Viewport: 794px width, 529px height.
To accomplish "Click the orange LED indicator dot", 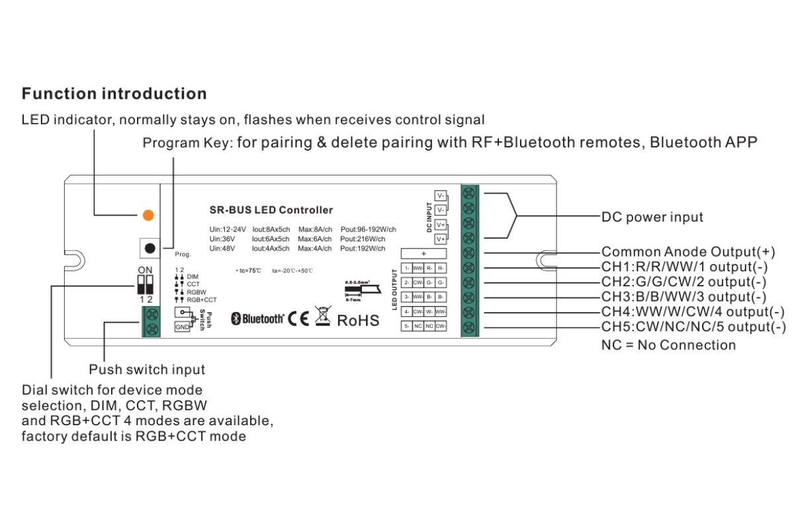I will coord(148,215).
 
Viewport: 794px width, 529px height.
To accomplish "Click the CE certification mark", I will coord(298,319).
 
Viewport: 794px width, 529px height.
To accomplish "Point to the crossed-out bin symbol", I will coord(322,317).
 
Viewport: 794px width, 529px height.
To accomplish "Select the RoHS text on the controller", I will coord(358,321).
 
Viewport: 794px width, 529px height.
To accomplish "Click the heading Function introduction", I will coord(114,93).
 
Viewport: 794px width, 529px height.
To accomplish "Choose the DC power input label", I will coord(652,217).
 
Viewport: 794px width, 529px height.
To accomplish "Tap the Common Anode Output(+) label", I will coord(688,252).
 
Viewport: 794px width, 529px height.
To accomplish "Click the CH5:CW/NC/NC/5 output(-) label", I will coord(693,327).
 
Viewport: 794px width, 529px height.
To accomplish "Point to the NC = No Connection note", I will coord(668,345).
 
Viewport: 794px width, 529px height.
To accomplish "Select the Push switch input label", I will coord(147,370).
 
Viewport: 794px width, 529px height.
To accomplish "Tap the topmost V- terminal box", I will coord(441,196).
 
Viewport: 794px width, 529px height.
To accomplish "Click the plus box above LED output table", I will coord(423,253).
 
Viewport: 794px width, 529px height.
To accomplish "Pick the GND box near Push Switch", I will coord(181,327).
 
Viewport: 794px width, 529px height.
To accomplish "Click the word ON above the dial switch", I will coord(145,269).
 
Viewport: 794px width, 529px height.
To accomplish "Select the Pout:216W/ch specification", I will coord(368,239).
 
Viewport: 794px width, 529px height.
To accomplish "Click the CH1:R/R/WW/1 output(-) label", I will coord(684,267).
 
